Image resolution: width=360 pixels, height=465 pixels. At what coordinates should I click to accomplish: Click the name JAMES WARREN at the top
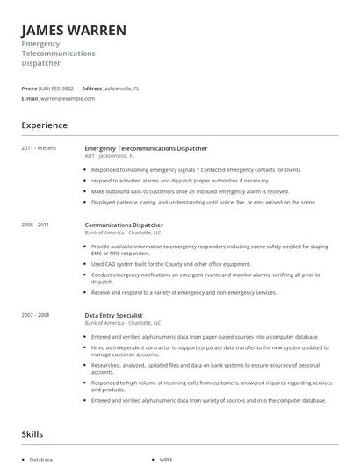coord(74,31)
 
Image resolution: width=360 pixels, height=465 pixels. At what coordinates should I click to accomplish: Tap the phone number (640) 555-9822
coord(56,89)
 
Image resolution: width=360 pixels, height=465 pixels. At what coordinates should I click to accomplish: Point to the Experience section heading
coord(44,125)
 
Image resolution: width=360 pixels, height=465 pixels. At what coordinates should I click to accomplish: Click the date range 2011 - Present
coord(39,148)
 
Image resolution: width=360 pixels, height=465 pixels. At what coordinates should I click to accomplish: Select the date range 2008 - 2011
coord(36,225)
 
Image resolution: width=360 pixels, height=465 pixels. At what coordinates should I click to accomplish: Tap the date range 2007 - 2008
coord(36,314)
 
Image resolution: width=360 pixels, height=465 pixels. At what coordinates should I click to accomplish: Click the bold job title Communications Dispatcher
coord(124,225)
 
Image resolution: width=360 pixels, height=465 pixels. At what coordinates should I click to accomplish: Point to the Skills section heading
coord(33,433)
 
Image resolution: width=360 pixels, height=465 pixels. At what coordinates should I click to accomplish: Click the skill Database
coord(41,460)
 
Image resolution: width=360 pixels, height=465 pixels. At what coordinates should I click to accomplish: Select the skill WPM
coord(166,460)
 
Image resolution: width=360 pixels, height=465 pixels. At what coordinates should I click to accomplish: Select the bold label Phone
coord(29,89)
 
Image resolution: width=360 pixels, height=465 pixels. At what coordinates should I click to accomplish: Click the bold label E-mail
coord(30,99)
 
